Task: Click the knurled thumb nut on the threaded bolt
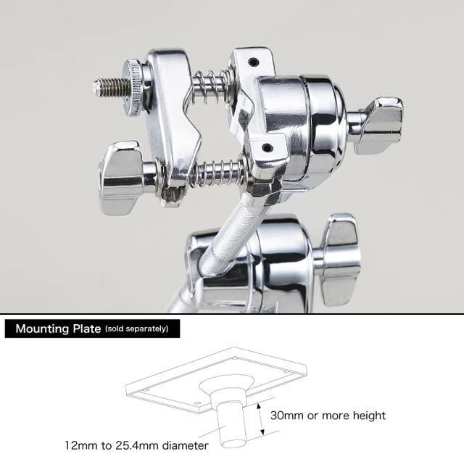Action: click(135, 88)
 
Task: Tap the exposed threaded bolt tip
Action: click(109, 87)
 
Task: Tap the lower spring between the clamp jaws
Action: click(219, 174)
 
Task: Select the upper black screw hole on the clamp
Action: click(253, 62)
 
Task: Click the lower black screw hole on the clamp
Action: click(268, 146)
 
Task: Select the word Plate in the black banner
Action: click(87, 329)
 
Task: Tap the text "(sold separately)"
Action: click(137, 329)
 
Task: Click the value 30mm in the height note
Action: click(287, 416)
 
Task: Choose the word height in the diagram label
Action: click(369, 416)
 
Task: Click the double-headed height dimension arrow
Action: click(260, 419)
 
